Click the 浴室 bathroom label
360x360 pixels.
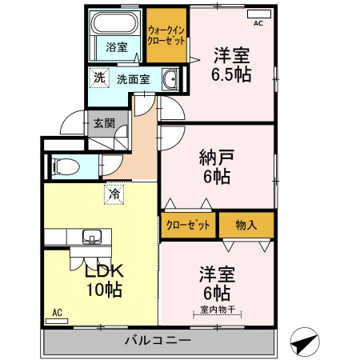[x=117, y=47]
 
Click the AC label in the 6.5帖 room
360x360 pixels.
[x=258, y=23]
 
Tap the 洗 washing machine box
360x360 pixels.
[x=98, y=78]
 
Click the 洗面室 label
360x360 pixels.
[x=133, y=79]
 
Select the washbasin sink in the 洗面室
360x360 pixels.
[x=170, y=79]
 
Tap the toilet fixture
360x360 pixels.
[x=62, y=166]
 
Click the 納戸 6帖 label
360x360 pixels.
[x=216, y=166]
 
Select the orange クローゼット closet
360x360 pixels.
[x=189, y=225]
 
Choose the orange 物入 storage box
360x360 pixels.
[x=246, y=225]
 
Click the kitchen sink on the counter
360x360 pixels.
[x=90, y=236]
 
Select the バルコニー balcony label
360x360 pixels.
[x=158, y=341]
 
